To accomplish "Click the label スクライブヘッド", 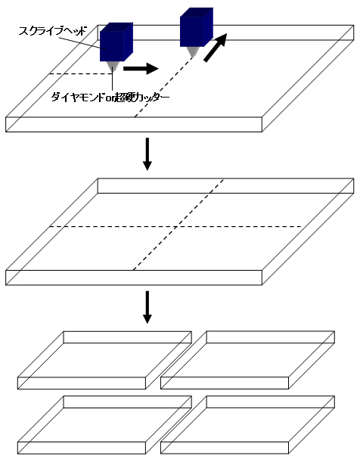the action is (53, 31).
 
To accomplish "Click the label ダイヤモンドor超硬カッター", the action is (110, 98).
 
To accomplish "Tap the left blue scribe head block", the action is (116, 42).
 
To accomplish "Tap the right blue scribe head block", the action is (197, 27).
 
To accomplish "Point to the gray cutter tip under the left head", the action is (113, 67).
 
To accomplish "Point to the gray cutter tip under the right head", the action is (193, 51).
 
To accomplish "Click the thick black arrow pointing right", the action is (141, 69).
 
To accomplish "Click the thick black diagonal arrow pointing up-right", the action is (216, 48).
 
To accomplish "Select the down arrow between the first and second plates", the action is (147, 153).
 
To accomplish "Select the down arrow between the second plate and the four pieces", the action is (147, 307).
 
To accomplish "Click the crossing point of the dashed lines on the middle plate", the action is (176, 227).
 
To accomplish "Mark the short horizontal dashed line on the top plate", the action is (80, 73).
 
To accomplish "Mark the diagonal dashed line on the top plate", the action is (164, 87).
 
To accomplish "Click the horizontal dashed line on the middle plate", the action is (176, 227).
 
